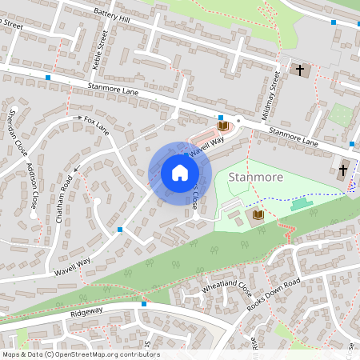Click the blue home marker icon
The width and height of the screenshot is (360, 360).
(180, 173)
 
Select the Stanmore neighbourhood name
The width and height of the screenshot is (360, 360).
(255, 175)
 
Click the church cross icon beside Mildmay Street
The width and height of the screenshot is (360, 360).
(300, 70)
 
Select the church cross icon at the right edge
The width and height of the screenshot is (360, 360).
(343, 170)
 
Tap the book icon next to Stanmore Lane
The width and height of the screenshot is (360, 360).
(222, 126)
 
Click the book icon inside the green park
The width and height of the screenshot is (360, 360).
(258, 215)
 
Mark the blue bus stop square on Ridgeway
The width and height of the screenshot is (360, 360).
(144, 303)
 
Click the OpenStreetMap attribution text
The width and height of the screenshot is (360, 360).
(81, 354)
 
